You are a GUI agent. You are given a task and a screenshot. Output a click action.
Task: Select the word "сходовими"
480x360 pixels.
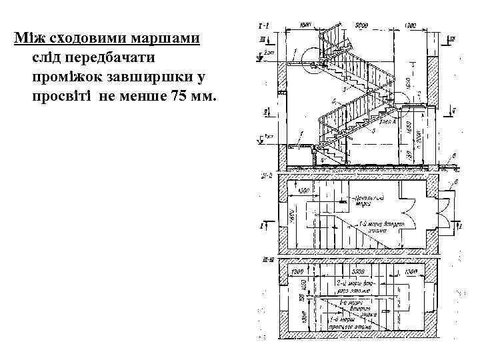83,37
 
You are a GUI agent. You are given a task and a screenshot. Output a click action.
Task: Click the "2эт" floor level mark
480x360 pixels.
269,51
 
